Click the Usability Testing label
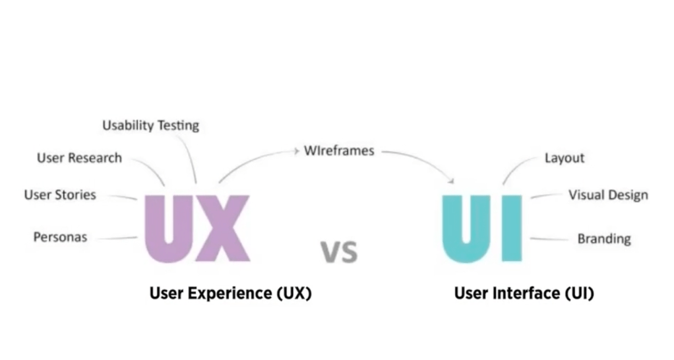click(x=150, y=125)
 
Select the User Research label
click(x=79, y=158)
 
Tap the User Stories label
click(x=60, y=195)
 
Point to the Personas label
click(x=60, y=237)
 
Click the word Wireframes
click(x=339, y=150)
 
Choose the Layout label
click(x=564, y=158)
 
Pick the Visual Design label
click(x=607, y=195)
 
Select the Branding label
click(x=604, y=238)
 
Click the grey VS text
click(x=340, y=251)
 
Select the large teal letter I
click(x=510, y=227)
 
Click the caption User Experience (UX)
click(x=230, y=293)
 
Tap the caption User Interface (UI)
click(x=524, y=293)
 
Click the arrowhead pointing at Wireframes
click(x=295, y=151)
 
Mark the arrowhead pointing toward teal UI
click(x=452, y=180)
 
